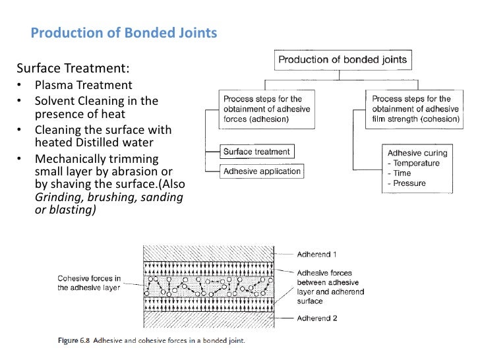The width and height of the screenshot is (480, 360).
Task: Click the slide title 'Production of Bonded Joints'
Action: click(124, 34)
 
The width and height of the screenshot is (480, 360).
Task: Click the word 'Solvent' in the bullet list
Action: click(57, 101)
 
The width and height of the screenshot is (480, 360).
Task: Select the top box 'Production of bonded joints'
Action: click(342, 61)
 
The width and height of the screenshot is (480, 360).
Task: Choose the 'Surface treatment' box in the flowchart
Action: click(256, 152)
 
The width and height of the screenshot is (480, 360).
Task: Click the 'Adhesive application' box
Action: click(262, 171)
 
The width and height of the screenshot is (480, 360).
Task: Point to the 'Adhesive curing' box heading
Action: click(417, 153)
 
